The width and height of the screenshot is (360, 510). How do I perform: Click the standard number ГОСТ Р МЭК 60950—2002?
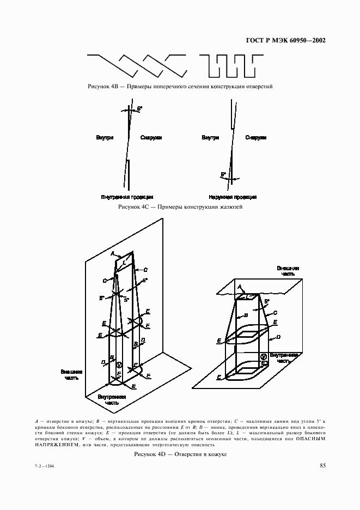pyautogui.click(x=282, y=40)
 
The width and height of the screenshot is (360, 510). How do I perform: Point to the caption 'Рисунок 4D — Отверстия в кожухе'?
pyautogui.click(x=180, y=454)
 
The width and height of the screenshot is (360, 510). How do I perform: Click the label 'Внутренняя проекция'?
pyautogui.click(x=127, y=197)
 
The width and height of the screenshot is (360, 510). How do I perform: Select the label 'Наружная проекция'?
pyautogui.click(x=233, y=197)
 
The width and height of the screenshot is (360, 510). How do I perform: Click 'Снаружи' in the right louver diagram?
pyautogui.click(x=256, y=138)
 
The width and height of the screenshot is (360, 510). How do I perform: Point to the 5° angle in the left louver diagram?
pyautogui.click(x=139, y=109)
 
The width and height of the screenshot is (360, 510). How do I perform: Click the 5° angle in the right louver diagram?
pyautogui.click(x=223, y=175)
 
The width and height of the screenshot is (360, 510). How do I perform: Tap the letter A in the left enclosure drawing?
pyautogui.click(x=112, y=253)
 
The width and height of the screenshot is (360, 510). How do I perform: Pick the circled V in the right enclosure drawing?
pyautogui.click(x=263, y=356)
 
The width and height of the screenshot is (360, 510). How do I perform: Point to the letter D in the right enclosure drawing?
pyautogui.click(x=278, y=338)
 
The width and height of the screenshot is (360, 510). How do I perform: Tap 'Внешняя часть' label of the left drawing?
pyautogui.click(x=72, y=375)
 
